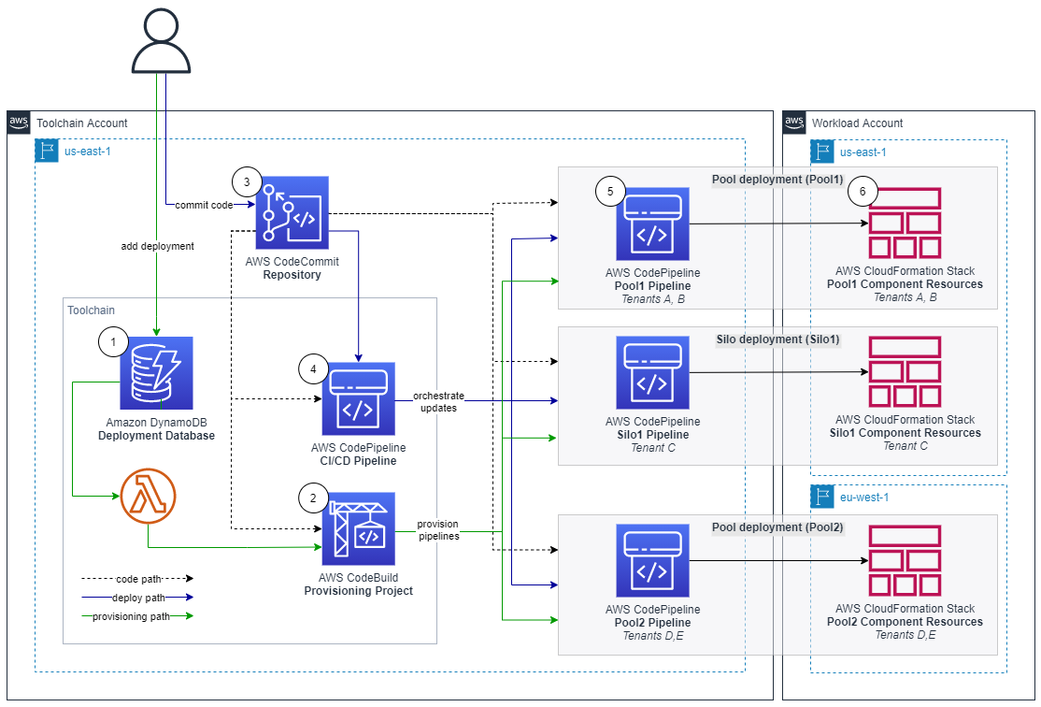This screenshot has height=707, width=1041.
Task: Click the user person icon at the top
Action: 166,41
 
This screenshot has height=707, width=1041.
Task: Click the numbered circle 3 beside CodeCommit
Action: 247,180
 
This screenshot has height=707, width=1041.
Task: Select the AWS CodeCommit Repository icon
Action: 292,214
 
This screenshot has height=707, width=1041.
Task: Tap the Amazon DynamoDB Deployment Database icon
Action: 156,373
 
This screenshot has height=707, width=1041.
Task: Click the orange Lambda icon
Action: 149,496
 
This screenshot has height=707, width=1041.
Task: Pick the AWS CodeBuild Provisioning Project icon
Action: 358,529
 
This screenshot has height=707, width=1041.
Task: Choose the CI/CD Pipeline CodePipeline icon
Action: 358,399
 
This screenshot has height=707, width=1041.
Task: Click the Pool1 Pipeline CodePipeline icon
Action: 652,224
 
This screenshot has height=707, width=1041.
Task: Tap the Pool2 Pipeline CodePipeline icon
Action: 652,562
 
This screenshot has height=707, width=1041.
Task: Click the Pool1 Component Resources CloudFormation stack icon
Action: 905,224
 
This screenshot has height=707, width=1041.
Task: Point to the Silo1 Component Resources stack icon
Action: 905,372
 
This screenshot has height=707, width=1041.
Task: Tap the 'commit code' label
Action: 203,205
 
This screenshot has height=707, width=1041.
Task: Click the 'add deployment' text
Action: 157,247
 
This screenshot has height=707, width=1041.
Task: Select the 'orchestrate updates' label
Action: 438,403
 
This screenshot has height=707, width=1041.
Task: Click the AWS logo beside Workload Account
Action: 794,123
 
